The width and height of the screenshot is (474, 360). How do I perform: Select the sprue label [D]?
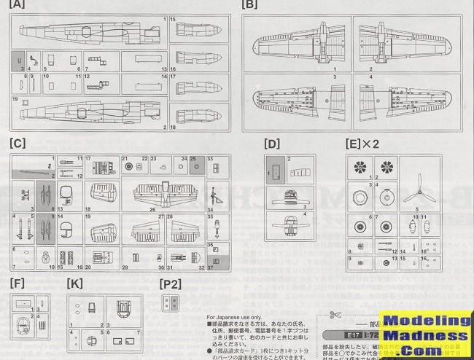[x=273, y=145]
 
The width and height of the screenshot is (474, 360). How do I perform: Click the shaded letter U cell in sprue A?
[x=19, y=60]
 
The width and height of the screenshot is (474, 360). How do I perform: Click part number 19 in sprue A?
[x=15, y=98]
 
